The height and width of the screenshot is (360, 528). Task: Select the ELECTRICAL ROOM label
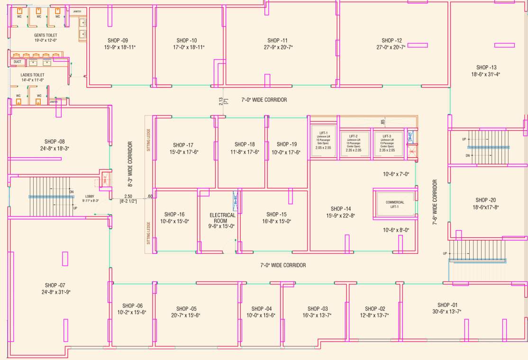223,218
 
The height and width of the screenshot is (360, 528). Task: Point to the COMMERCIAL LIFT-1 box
394,205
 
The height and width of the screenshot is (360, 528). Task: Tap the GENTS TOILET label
46,36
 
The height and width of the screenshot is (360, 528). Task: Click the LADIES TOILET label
32,75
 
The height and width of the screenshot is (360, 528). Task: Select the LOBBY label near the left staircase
90,196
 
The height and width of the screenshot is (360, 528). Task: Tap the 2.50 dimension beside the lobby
128,196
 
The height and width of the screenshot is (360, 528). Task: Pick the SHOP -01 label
446,305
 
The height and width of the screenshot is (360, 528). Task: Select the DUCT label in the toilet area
17,62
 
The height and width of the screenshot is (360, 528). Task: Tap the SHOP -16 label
174,215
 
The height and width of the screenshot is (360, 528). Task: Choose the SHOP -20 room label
486,200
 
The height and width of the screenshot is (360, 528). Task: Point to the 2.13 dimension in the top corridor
221,101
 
